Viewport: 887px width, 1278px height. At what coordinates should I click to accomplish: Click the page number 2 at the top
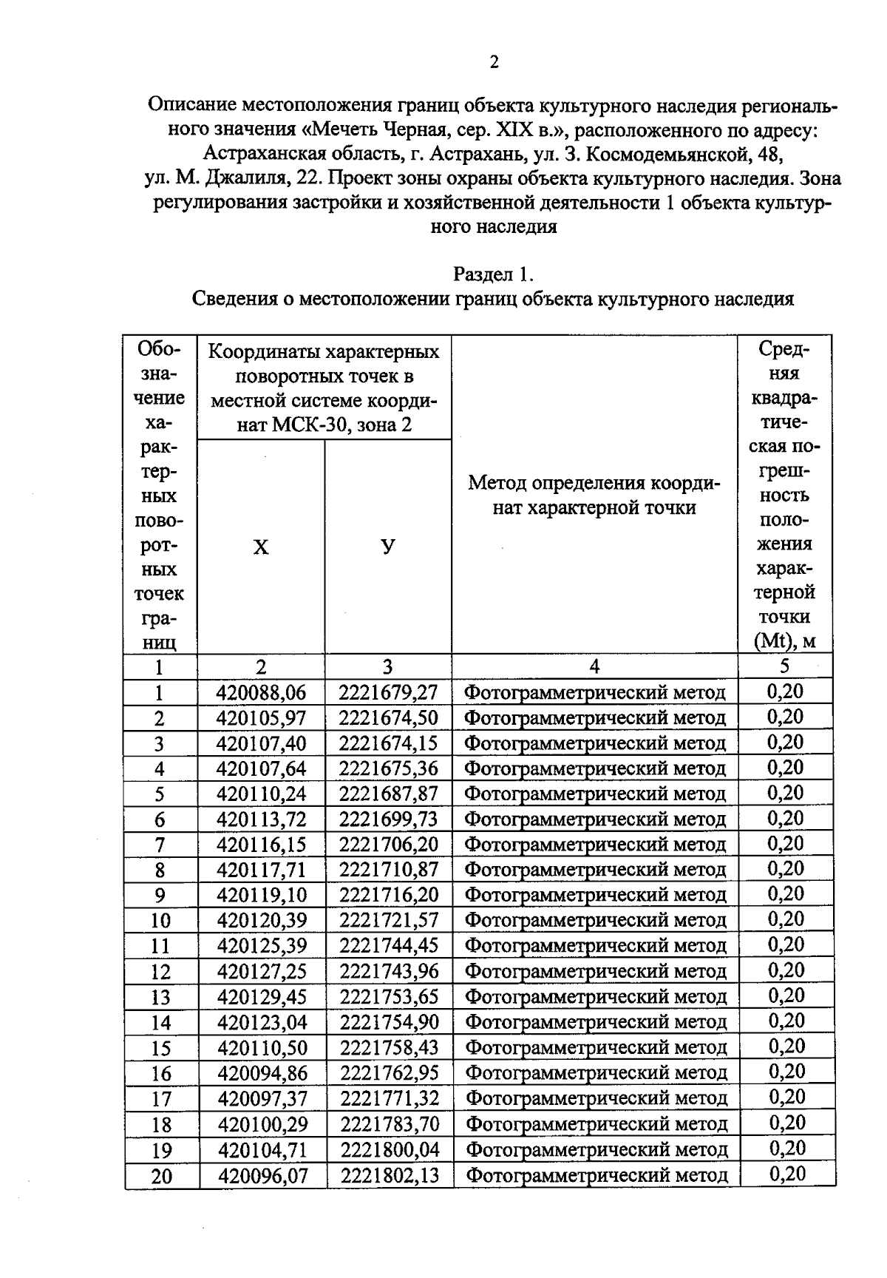pyautogui.click(x=494, y=62)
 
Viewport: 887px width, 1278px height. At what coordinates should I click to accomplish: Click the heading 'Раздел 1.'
pyautogui.click(x=493, y=274)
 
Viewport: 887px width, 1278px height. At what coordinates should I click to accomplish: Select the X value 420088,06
pyautogui.click(x=261, y=692)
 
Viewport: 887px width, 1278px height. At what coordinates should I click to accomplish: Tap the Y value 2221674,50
pyautogui.click(x=388, y=717)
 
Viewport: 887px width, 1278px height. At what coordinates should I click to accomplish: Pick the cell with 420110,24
pyautogui.click(x=261, y=794)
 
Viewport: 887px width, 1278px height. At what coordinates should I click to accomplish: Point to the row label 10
pyautogui.click(x=160, y=921)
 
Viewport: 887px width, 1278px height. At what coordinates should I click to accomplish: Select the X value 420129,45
pyautogui.click(x=262, y=997)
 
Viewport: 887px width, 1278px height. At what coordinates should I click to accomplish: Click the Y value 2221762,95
pyautogui.click(x=389, y=1073)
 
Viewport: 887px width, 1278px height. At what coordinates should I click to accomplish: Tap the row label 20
pyautogui.click(x=161, y=1176)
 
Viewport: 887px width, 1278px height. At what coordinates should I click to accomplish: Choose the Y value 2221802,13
pyautogui.click(x=390, y=1175)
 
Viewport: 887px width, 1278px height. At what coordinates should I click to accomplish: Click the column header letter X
pyautogui.click(x=261, y=548)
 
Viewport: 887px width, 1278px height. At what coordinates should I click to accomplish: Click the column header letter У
pyautogui.click(x=388, y=547)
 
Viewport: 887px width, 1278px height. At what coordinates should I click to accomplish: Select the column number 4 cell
pyautogui.click(x=594, y=666)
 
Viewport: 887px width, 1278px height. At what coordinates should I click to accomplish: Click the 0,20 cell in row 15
pyautogui.click(x=786, y=1047)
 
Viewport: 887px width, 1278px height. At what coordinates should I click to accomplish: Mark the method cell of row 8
pyautogui.click(x=595, y=870)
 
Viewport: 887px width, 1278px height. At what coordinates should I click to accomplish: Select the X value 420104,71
pyautogui.click(x=262, y=1150)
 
